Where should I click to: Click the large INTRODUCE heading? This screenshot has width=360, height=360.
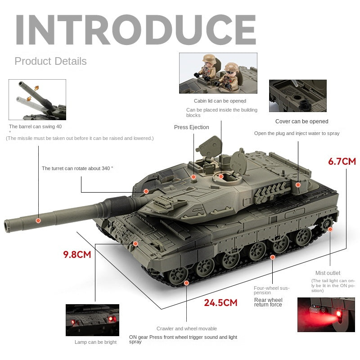[x=135, y=30]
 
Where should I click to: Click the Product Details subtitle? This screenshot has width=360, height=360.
[x=50, y=61]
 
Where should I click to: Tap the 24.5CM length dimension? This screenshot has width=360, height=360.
[x=220, y=302]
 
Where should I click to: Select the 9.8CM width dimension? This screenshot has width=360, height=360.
[x=77, y=254]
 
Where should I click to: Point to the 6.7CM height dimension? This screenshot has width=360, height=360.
[x=342, y=161]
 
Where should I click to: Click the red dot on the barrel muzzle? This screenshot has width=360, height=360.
[x=38, y=220]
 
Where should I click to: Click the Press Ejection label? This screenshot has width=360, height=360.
[x=191, y=127]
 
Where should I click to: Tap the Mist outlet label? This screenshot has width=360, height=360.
[x=328, y=273]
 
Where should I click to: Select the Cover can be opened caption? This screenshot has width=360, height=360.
[x=301, y=121]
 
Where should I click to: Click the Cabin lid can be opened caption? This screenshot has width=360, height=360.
[x=220, y=101]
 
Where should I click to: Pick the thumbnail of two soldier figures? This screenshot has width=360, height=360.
[x=218, y=73]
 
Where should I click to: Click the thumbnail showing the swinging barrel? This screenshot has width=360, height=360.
[x=37, y=99]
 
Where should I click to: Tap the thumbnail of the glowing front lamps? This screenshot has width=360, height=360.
[x=92, y=319]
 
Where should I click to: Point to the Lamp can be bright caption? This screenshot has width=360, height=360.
[x=95, y=342]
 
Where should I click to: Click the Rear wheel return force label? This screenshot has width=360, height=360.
[x=268, y=302]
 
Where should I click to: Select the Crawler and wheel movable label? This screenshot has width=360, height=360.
[x=186, y=328]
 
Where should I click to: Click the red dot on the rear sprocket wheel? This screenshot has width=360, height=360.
[x=330, y=229]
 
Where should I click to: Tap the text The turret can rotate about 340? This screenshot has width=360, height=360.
[x=77, y=168]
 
